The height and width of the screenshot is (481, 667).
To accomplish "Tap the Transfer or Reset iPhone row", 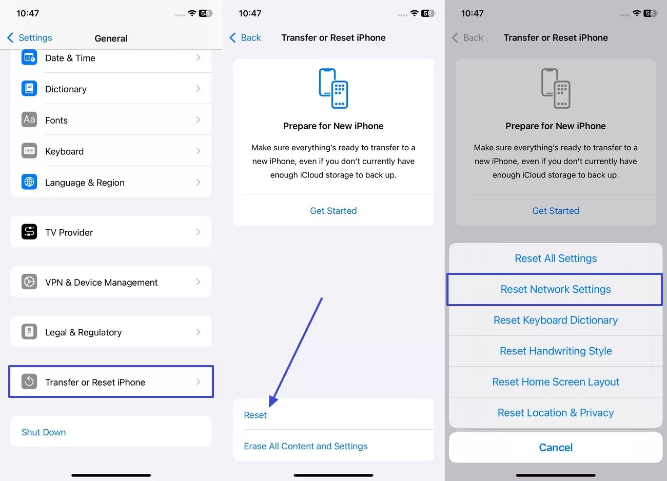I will click(x=111, y=382).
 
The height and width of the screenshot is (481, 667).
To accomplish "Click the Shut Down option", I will click(x=44, y=432).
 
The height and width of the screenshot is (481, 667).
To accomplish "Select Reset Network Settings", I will click(x=555, y=289).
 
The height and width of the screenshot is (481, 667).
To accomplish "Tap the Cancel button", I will click(x=555, y=448).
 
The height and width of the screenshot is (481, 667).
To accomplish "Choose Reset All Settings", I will click(x=555, y=258).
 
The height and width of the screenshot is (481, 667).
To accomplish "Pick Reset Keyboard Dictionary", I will click(x=555, y=320).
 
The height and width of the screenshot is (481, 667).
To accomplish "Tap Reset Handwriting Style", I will click(x=555, y=351).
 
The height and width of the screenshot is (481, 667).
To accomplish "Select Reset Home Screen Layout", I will click(x=555, y=382).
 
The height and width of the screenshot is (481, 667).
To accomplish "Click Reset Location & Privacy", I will click(x=555, y=413).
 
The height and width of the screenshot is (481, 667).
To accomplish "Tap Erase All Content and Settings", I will click(x=306, y=446).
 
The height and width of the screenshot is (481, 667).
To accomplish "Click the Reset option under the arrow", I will click(x=256, y=415).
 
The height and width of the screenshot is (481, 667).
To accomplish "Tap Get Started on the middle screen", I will click(x=333, y=211).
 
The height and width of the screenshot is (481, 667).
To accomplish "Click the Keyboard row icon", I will click(x=29, y=151).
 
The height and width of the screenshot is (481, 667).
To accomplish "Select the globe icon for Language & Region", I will click(x=29, y=182).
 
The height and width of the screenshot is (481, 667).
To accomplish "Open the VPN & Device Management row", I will click(x=111, y=282).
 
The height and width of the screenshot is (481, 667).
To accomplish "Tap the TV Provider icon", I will click(x=29, y=232).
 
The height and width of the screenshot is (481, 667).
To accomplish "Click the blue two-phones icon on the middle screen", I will click(x=333, y=88).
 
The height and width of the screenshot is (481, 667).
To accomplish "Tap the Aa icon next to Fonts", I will click(x=29, y=119).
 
